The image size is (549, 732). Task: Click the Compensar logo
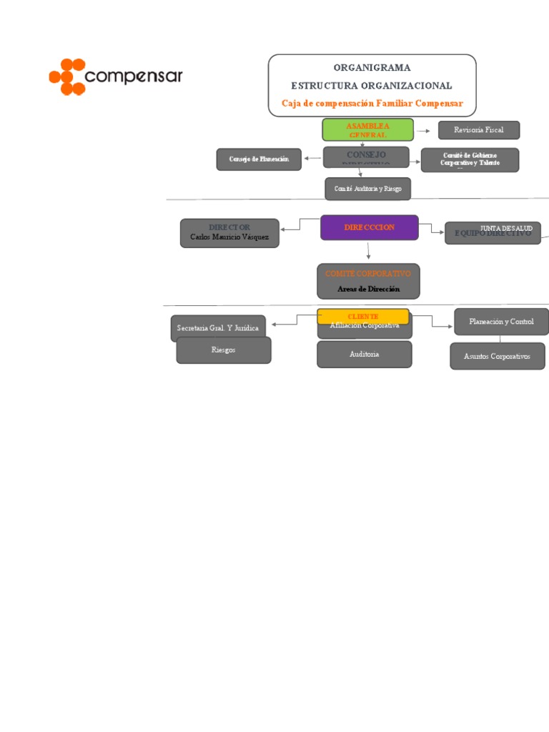coord(115,76)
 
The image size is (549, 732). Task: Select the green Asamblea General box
coord(367,129)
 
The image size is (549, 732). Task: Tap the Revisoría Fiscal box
coord(478,130)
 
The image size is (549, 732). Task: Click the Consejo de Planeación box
coord(259,159)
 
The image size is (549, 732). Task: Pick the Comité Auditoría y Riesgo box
coord(367,189)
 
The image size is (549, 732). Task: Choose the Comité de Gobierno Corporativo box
coord(469,159)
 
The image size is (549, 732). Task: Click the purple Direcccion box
coord(369,227)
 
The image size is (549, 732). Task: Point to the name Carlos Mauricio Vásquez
coord(229,237)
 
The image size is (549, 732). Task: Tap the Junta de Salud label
coord(506,228)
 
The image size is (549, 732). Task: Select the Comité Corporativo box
coord(368,281)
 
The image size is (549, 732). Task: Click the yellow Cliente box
coord(363,316)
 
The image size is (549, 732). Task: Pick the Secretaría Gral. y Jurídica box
coord(219,327)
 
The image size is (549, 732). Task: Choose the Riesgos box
coord(223,350)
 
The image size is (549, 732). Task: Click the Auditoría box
coord(364,355)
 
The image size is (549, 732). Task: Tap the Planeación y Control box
coord(501,322)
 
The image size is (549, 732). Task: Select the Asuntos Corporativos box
coord(497,356)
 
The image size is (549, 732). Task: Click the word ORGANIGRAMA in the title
coord(372,68)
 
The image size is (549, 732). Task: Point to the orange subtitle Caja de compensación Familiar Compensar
coord(372,104)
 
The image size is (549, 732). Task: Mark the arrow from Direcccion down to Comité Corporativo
coord(368,251)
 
